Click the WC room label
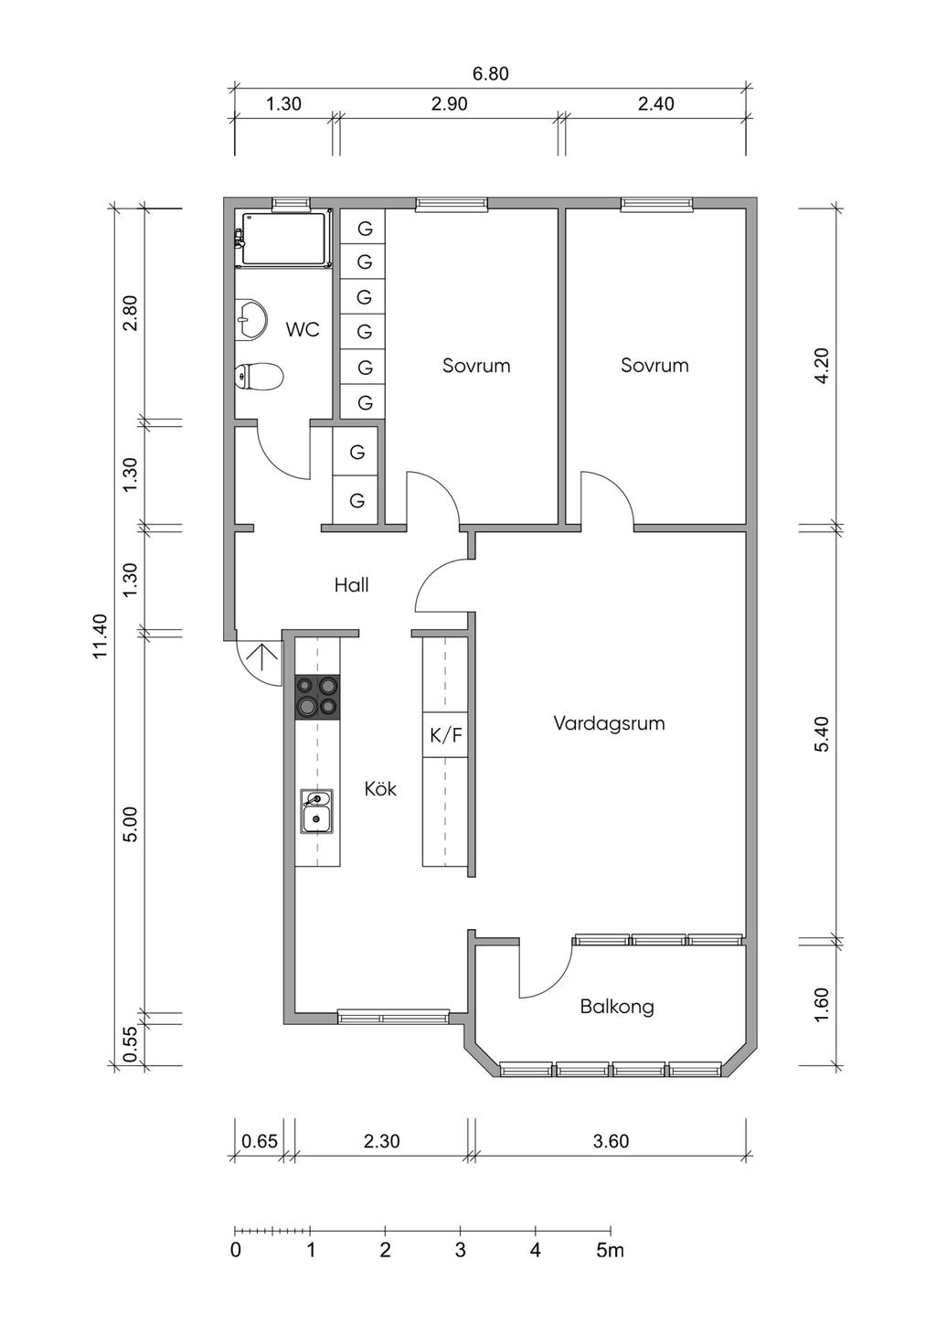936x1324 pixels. (x=303, y=329)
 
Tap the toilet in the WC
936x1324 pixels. (x=260, y=376)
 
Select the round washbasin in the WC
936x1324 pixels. (x=250, y=320)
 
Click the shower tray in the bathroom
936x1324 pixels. (x=282, y=238)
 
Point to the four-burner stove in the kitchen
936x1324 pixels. (x=317, y=697)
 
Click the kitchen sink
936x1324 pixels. (x=317, y=812)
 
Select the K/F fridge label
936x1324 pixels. (x=446, y=735)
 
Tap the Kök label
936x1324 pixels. (x=380, y=788)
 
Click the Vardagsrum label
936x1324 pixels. (x=609, y=723)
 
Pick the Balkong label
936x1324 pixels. (x=617, y=1007)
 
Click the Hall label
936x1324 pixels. (x=351, y=585)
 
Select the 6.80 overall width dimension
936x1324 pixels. (x=491, y=74)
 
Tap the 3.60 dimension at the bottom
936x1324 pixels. (x=611, y=1141)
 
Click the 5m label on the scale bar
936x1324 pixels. (x=610, y=1250)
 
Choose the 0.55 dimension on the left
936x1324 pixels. (x=130, y=1044)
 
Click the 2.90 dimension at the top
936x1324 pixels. (x=449, y=104)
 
